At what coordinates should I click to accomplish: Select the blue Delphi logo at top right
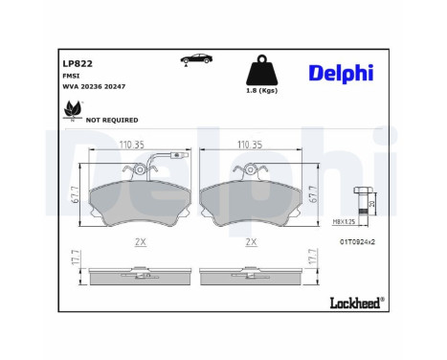pos(342,74)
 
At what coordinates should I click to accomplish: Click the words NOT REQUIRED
pos(112,121)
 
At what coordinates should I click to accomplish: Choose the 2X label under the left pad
pos(141,242)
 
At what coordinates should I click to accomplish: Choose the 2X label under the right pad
pos(253,242)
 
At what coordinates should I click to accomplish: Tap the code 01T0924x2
pos(357,242)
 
